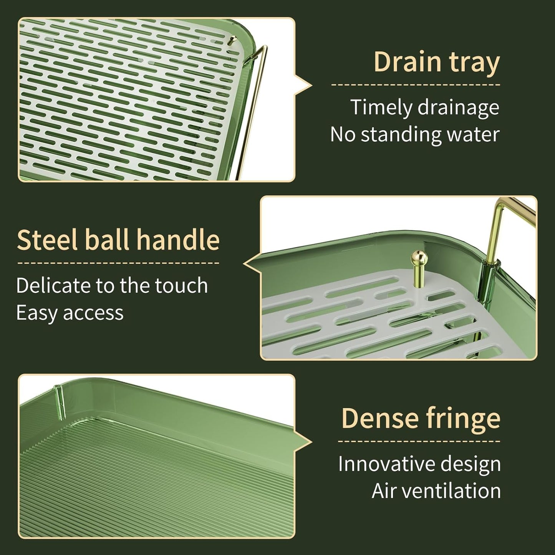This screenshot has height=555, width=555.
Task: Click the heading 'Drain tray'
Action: click(x=437, y=62)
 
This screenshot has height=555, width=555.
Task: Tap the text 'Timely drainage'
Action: click(x=425, y=108)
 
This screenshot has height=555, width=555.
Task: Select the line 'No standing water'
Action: click(x=415, y=134)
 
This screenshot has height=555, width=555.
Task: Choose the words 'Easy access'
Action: click(x=70, y=313)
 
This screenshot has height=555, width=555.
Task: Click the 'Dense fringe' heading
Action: click(x=421, y=419)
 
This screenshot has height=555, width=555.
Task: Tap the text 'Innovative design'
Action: click(x=419, y=464)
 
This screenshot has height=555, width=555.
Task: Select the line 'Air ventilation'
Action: click(x=436, y=491)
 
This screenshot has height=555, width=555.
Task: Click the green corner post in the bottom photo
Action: click(x=60, y=401)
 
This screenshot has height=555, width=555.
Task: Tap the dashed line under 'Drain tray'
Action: click(x=416, y=84)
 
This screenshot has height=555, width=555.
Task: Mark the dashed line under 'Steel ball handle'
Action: click(x=118, y=263)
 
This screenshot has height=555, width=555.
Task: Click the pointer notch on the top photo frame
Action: click(x=304, y=86)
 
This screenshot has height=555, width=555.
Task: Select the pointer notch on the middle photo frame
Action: click(x=252, y=263)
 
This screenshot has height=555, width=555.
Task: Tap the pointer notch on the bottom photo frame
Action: click(x=304, y=442)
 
